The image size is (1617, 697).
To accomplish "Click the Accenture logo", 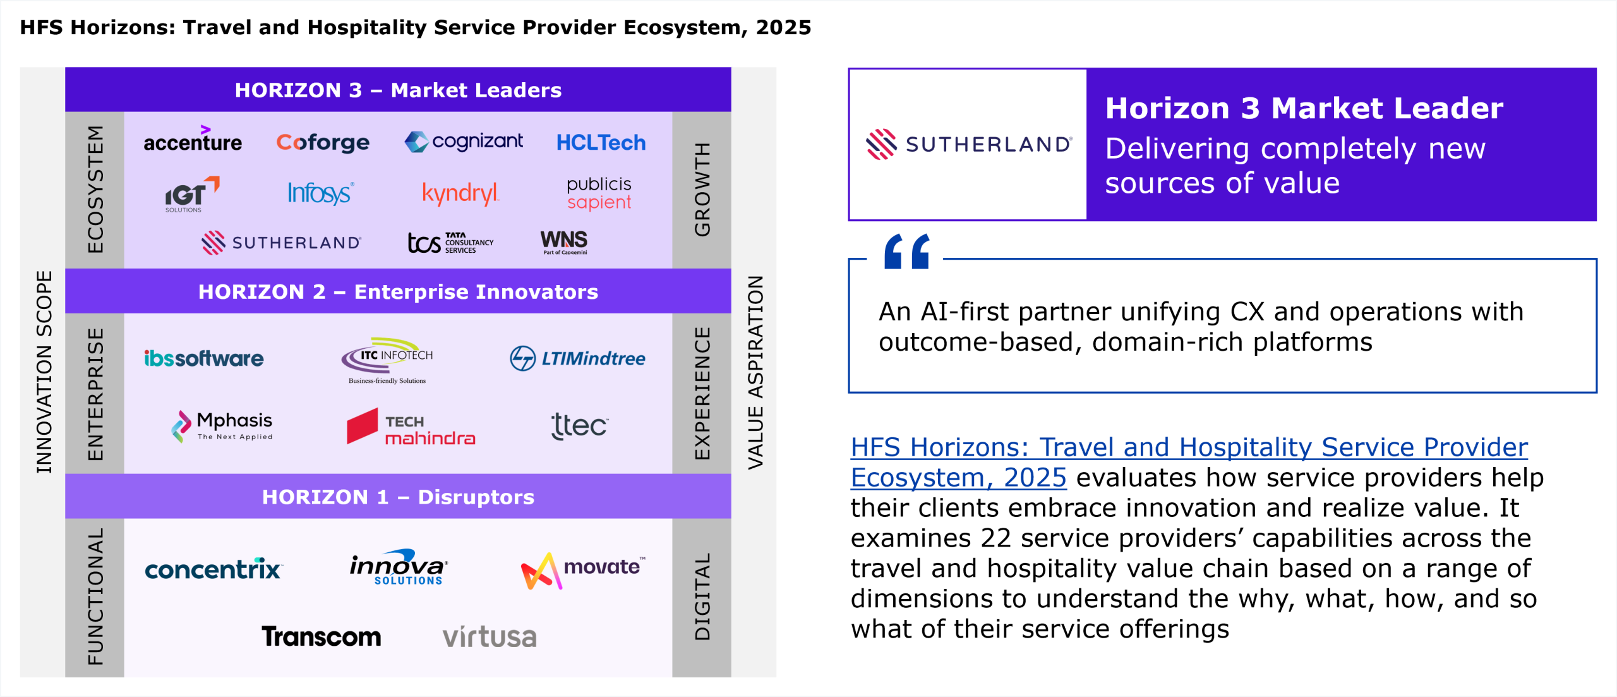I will tap(193, 141).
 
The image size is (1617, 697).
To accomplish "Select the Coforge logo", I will tap(323, 143).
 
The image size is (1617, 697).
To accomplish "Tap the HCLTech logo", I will tap(601, 143).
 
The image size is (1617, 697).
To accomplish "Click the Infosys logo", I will tap(320, 193).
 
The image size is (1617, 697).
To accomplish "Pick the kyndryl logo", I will tap(460, 193).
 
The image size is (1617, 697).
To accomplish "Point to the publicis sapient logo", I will tap(599, 193).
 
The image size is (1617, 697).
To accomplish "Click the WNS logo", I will tap(564, 241).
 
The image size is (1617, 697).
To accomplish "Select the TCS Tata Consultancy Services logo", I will tap(450, 243).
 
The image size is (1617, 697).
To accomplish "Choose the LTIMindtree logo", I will tap(577, 358).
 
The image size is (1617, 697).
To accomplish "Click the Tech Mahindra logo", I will tap(411, 429).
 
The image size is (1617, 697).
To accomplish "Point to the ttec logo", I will tap(579, 426).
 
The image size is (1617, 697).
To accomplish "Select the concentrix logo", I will tap(213, 570).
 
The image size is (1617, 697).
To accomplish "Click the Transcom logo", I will tap(321, 636).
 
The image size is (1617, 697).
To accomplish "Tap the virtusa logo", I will tap(490, 637).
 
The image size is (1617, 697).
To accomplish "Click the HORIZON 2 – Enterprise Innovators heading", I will tap(398, 292).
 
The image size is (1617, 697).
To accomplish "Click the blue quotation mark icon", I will tap(907, 252).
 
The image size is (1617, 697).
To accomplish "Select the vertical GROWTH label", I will tap(702, 190).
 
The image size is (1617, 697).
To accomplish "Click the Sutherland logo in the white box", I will tap(968, 144).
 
